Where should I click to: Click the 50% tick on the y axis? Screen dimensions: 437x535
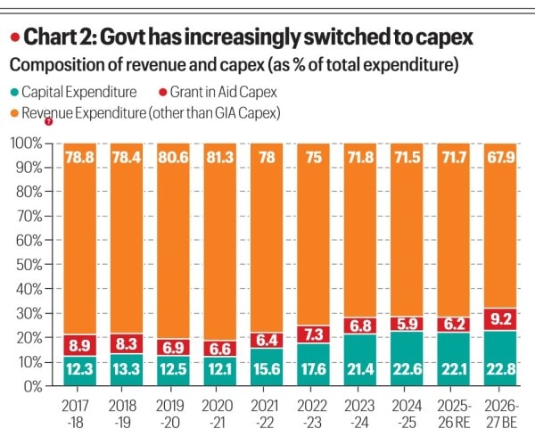29,265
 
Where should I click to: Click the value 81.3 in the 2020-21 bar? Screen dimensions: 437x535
220,155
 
